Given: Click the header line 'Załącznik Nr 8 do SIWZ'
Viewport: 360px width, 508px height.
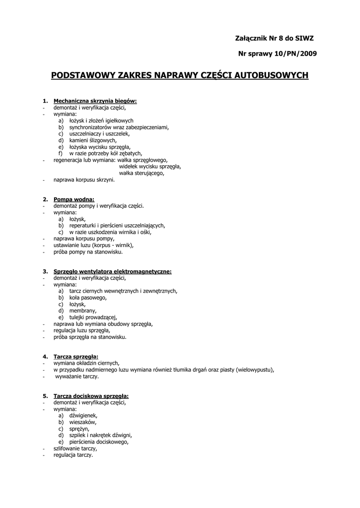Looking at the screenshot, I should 274,38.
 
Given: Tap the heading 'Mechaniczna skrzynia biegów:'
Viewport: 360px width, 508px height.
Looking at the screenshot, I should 95,101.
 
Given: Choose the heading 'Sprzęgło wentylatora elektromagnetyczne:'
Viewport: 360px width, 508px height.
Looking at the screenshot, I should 112,271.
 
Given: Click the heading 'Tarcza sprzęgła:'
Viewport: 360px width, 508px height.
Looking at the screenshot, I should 76,356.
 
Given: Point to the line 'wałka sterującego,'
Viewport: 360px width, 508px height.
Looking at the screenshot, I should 142,173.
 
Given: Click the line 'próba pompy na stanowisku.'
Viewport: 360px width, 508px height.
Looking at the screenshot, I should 88,252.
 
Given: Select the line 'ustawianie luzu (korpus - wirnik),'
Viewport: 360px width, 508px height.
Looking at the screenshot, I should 94,245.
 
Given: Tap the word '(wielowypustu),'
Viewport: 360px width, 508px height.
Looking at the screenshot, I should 255,370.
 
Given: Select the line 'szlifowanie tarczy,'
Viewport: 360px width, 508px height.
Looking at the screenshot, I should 75,448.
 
